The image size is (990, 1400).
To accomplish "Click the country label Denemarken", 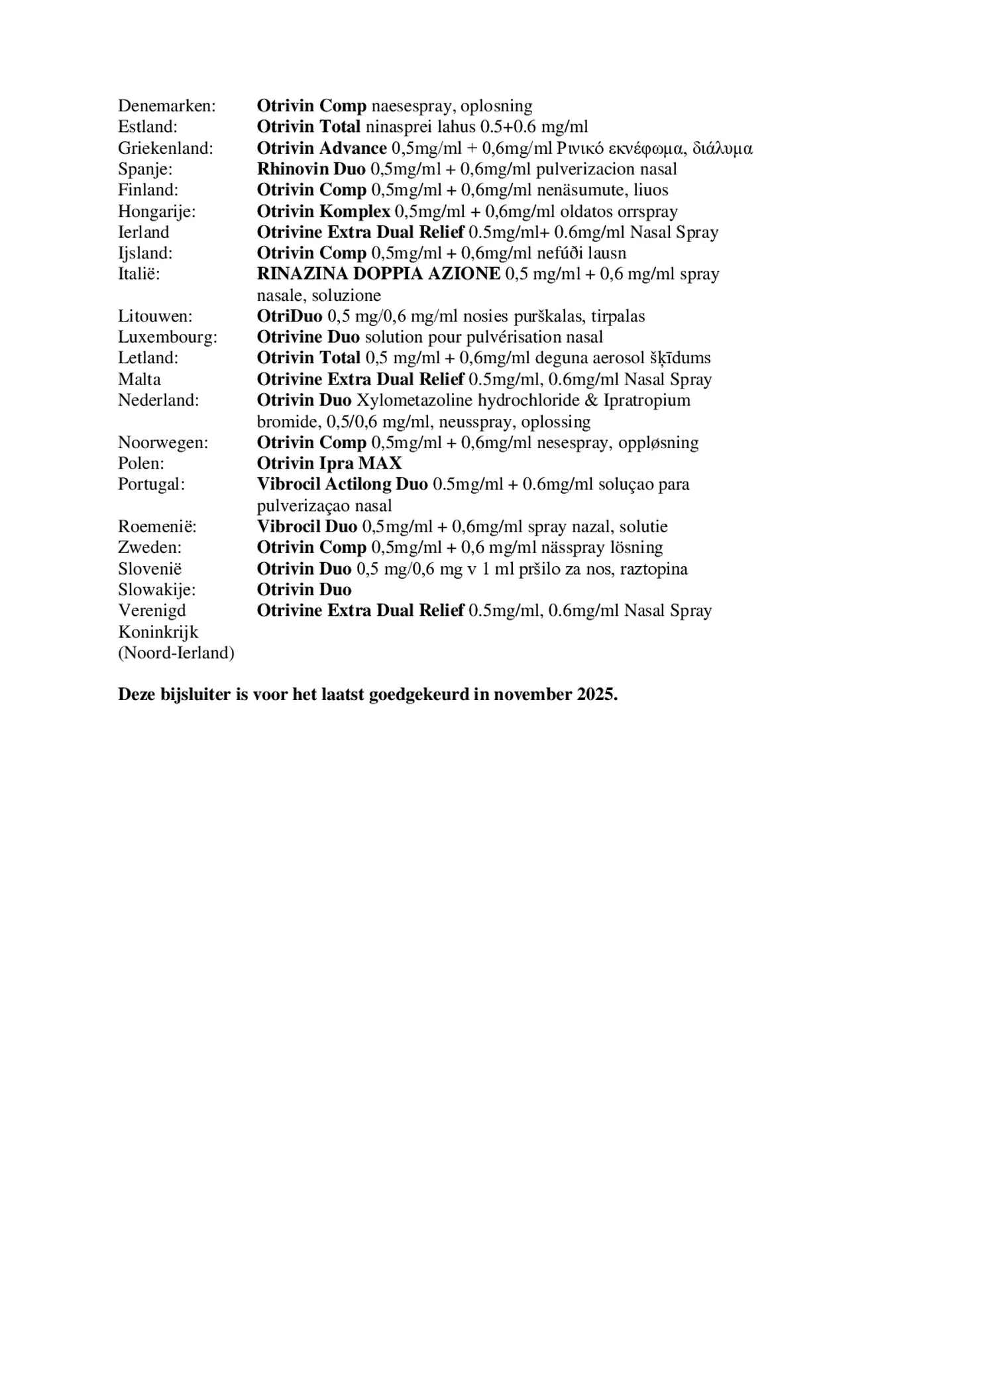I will [x=167, y=106].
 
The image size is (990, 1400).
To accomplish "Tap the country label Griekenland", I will [x=166, y=148].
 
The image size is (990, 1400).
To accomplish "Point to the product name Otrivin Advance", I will [x=321, y=148].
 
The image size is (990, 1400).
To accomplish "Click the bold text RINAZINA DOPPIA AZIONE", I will [x=378, y=274].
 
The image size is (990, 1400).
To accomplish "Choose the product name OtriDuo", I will [x=290, y=316].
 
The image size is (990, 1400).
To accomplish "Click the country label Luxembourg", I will [x=168, y=337].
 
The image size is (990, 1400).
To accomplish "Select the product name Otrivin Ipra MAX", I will [x=329, y=463].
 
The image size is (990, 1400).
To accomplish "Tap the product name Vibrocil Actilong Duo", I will [x=342, y=485].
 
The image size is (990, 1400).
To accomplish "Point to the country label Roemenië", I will [x=157, y=527].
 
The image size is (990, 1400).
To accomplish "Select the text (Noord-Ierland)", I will [x=176, y=654].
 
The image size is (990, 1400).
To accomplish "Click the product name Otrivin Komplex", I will [x=323, y=211].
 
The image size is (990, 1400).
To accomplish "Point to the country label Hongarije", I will [x=157, y=211].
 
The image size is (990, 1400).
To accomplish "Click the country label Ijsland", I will [x=145, y=253].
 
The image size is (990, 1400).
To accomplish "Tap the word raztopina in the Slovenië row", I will [x=653, y=569].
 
